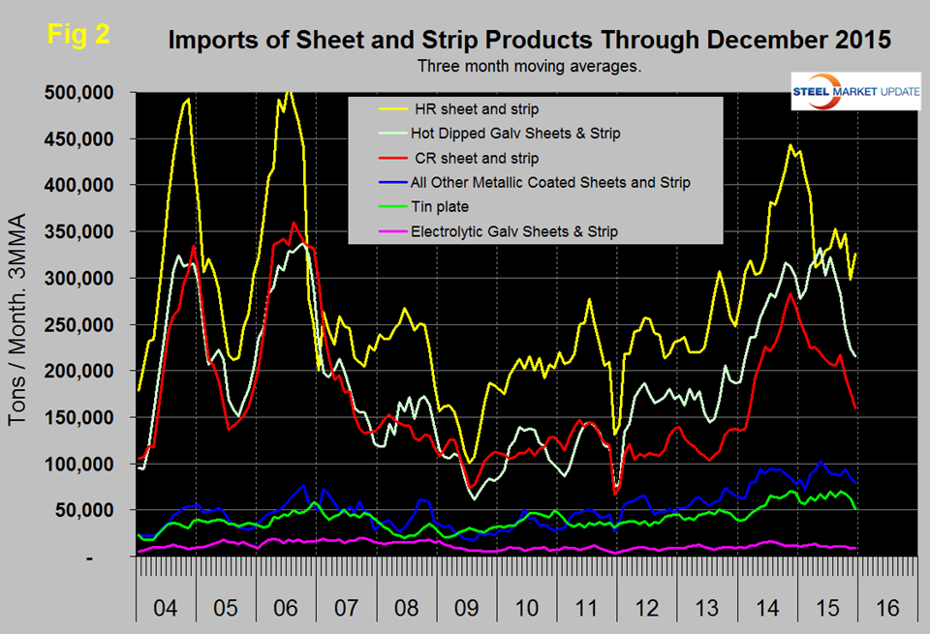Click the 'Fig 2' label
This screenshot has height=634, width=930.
[78, 34]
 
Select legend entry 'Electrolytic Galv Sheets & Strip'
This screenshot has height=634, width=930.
[522, 232]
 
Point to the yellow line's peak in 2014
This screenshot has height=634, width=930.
[790, 145]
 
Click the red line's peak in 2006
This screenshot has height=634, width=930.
[294, 223]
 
